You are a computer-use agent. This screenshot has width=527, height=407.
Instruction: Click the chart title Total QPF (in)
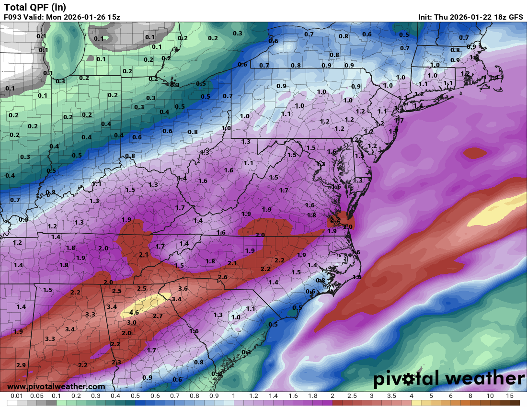[35, 7]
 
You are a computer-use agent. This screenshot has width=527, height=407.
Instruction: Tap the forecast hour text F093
[12, 17]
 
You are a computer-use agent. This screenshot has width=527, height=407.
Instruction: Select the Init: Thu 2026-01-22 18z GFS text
[470, 17]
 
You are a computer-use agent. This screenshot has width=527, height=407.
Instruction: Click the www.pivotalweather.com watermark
[56, 386]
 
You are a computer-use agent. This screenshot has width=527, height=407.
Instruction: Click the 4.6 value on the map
[134, 313]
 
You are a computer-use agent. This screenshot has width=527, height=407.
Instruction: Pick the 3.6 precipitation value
[183, 289]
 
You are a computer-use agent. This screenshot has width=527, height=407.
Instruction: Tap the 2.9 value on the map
[21, 365]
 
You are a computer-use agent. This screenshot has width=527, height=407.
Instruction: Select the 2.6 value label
[222, 277]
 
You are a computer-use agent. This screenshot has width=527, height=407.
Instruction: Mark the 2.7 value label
[158, 316]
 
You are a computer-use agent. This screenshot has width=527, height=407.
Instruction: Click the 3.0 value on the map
[131, 323]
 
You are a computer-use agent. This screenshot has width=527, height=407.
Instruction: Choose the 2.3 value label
[116, 362]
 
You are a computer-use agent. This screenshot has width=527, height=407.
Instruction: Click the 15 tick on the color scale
[509, 396]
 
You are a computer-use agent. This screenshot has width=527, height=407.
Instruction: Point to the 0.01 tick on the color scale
[17, 396]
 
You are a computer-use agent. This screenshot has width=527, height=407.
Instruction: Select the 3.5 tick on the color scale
[392, 396]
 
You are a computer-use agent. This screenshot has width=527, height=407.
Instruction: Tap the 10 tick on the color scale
[490, 396]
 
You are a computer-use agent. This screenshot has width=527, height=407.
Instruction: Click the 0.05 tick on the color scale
[37, 396]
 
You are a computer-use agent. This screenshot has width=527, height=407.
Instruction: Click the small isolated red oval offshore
[475, 153]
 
